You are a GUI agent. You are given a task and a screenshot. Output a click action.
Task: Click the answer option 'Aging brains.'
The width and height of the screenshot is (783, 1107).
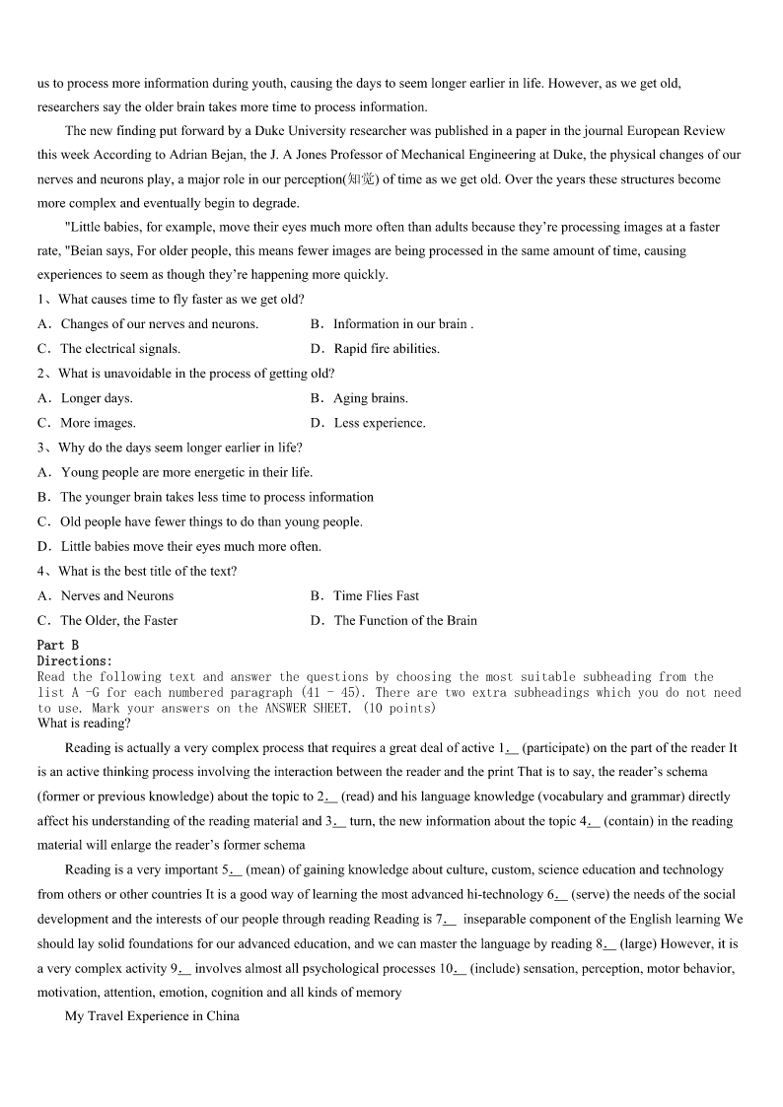pyautogui.click(x=370, y=398)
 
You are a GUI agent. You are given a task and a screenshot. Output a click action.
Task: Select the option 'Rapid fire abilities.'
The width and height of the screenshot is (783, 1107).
pyautogui.click(x=387, y=349)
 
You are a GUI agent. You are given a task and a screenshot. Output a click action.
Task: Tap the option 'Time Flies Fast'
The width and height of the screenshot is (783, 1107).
pyautogui.click(x=376, y=595)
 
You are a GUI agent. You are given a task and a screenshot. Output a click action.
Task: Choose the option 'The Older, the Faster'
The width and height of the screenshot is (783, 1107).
pyautogui.click(x=118, y=621)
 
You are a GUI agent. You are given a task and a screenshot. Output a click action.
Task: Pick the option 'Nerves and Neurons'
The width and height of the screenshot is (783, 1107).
pyautogui.click(x=116, y=595)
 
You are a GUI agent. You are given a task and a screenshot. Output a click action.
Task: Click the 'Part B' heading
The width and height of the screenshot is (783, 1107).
pyautogui.click(x=58, y=646)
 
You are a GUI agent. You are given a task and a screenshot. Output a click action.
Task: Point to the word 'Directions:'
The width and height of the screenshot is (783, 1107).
pyautogui.click(x=75, y=661)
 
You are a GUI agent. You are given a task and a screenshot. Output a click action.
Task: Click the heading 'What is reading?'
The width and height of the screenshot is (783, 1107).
pyautogui.click(x=84, y=724)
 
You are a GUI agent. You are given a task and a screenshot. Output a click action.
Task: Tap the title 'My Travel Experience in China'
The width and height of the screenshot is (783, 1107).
pyautogui.click(x=152, y=1016)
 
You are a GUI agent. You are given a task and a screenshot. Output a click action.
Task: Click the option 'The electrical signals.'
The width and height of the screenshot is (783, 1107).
pyautogui.click(x=120, y=349)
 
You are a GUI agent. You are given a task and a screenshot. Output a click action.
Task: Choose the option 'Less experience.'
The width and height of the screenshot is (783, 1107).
pyautogui.click(x=380, y=423)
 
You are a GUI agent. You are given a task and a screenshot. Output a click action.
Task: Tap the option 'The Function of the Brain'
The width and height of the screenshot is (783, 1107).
pyautogui.click(x=405, y=621)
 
